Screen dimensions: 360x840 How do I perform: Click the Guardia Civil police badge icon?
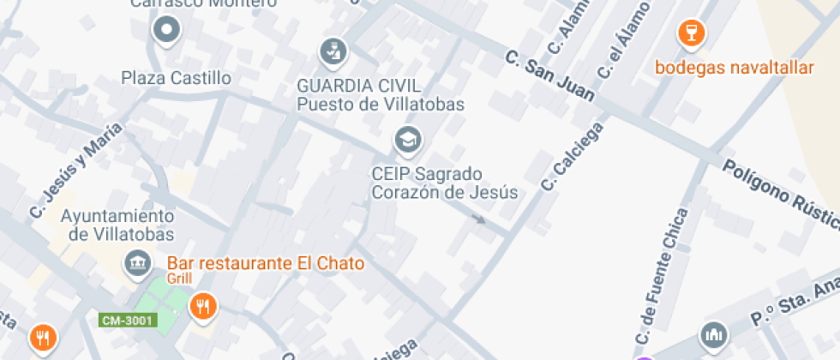[x=333, y=51]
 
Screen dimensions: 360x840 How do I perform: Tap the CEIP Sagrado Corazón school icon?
[x=408, y=138]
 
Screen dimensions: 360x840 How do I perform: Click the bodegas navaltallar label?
[x=734, y=68]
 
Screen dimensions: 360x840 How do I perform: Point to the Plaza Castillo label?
[x=176, y=78]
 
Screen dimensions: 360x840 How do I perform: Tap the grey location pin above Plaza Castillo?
[x=166, y=31]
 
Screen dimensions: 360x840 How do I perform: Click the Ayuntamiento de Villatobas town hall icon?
[x=137, y=263]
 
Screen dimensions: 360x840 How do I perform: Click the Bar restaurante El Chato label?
[x=266, y=263]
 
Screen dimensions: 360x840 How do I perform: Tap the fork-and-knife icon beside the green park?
[x=203, y=305]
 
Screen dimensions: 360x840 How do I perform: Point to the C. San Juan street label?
[x=550, y=76]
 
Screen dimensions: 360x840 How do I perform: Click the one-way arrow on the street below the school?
[x=477, y=219]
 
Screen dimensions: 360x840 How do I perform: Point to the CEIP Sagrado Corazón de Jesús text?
[x=444, y=183]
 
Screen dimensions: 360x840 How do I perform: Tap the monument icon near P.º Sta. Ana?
[x=713, y=336]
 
